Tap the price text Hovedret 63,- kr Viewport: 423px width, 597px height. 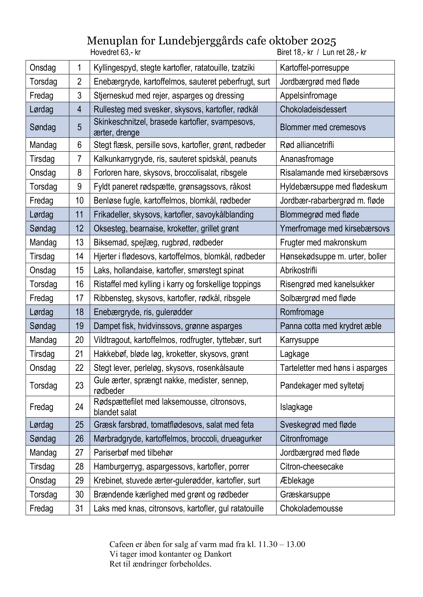(115, 53)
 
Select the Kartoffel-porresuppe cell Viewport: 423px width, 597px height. (314, 68)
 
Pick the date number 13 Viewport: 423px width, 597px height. (79, 243)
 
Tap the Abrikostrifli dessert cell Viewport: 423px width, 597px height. (299, 270)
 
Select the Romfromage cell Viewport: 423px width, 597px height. (302, 312)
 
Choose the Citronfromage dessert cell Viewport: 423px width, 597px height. (304, 439)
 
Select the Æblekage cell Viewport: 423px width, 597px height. (297, 481)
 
